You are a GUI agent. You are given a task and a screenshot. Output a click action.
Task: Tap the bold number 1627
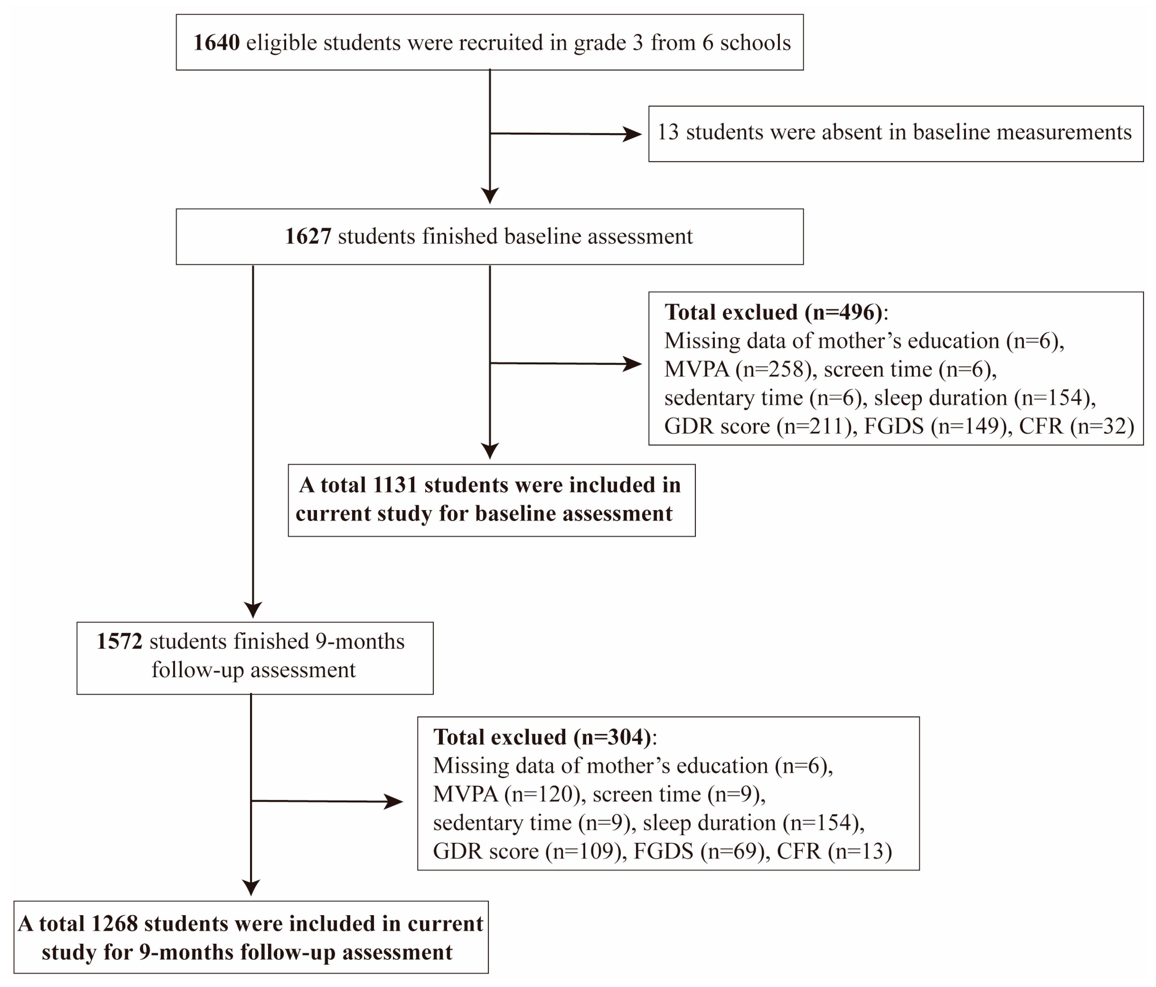[308, 237]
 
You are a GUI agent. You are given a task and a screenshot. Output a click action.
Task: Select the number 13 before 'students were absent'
[668, 133]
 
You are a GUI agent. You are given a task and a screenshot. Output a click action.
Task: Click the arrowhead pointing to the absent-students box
[633, 134]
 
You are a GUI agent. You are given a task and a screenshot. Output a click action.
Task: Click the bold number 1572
[119, 641]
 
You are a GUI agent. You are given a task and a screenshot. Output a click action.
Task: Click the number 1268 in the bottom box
[114, 924]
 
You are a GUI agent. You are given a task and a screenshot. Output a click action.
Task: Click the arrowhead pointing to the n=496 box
[633, 364]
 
